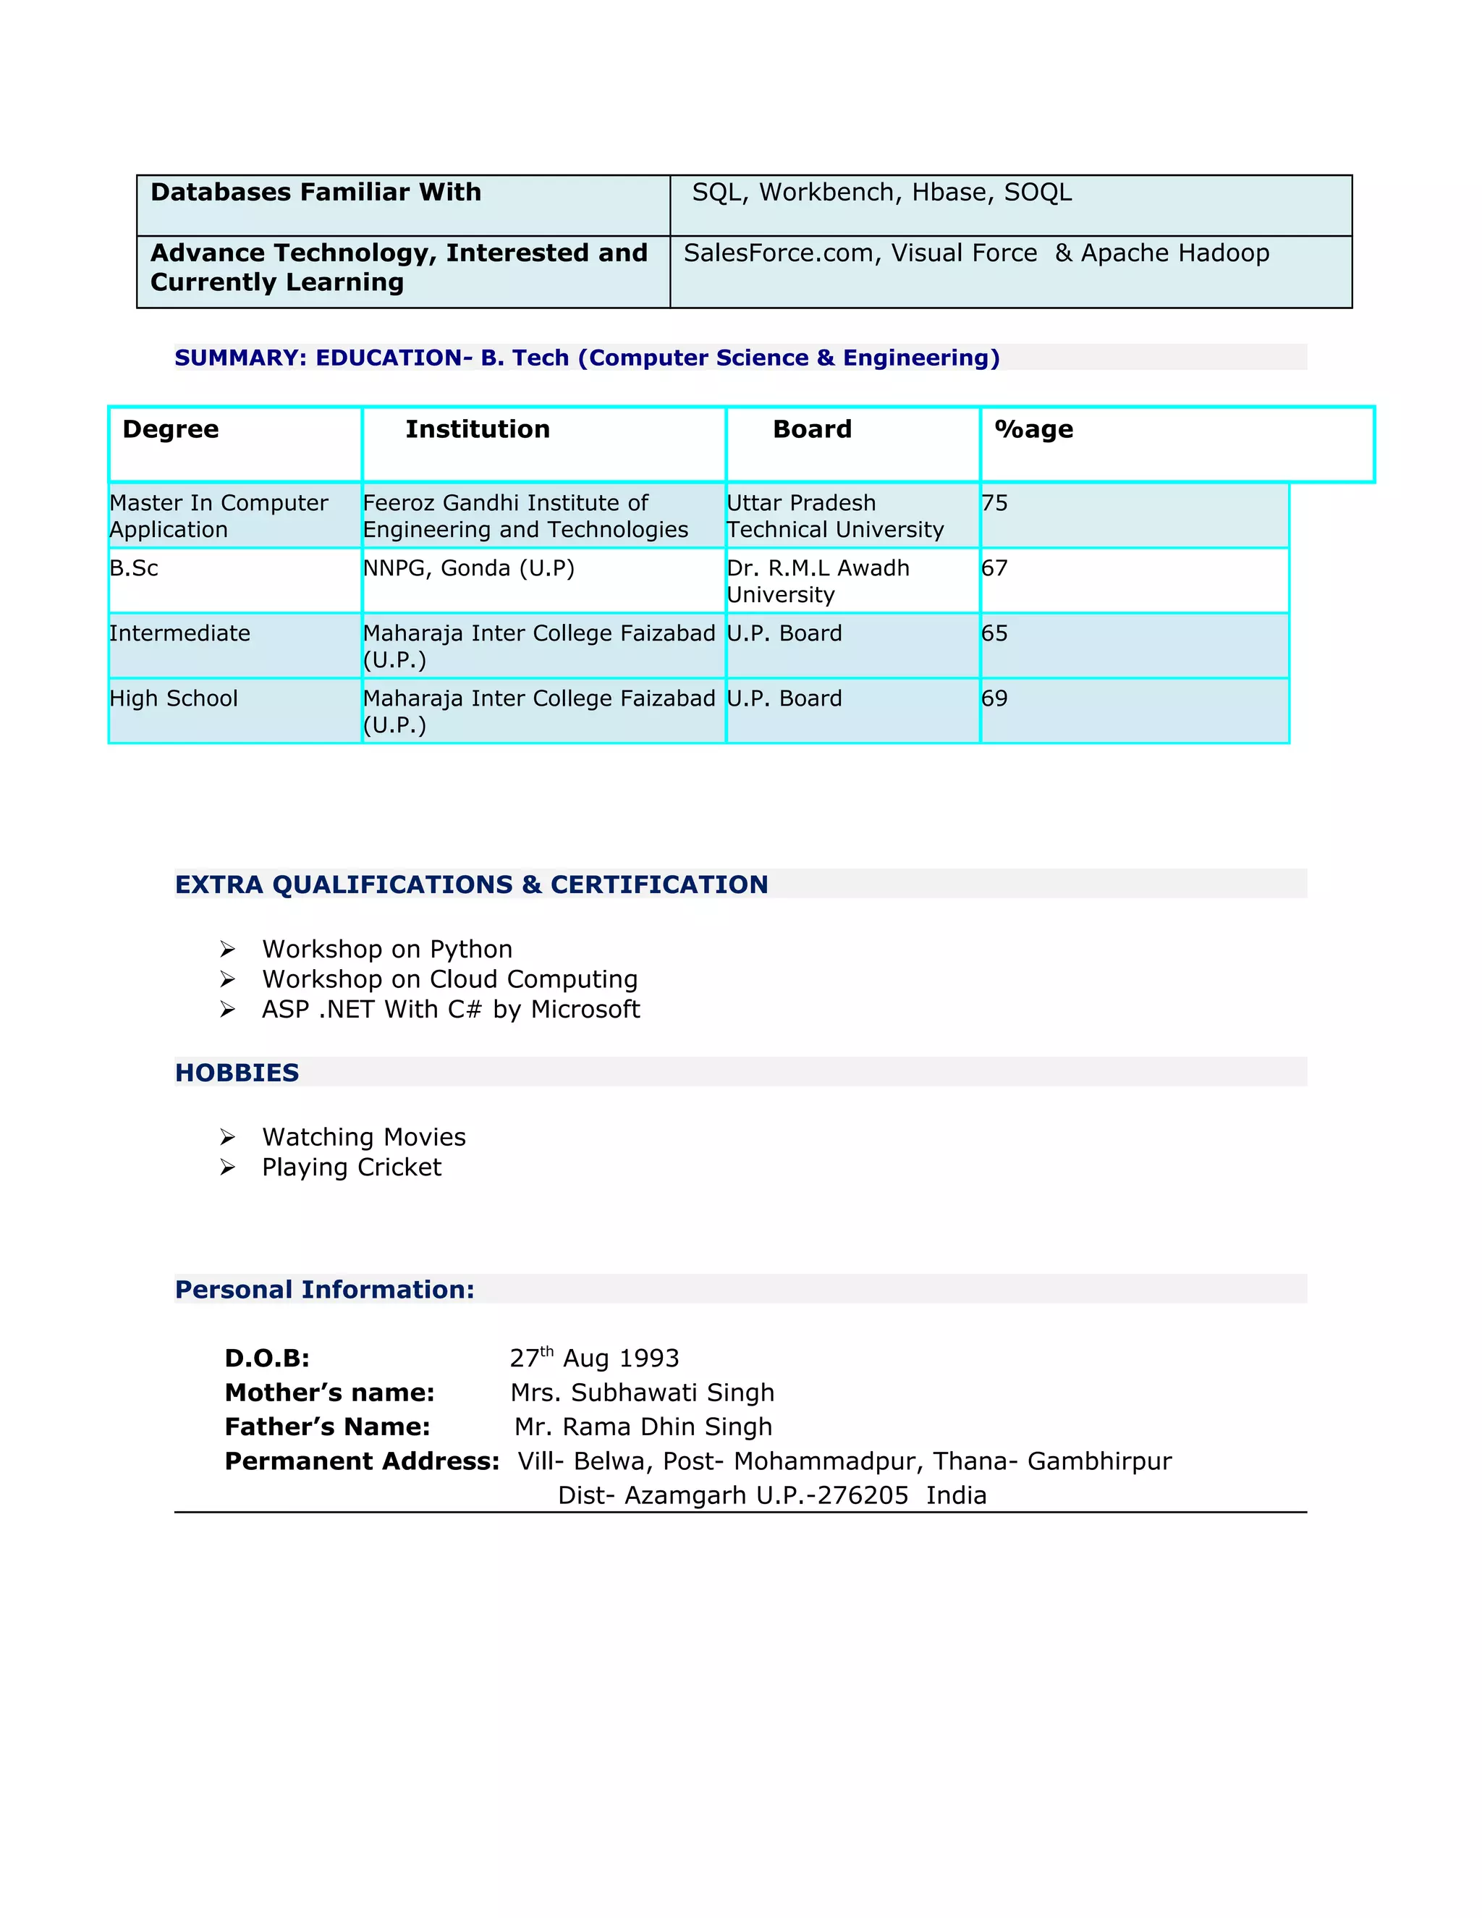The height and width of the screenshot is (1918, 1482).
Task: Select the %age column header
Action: click(x=1033, y=429)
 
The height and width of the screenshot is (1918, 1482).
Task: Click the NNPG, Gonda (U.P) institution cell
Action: click(x=468, y=568)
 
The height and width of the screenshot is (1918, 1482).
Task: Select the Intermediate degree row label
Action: click(x=179, y=633)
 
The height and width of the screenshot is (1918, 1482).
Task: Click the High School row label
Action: click(x=173, y=698)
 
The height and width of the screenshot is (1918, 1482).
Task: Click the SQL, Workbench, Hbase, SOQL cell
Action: click(x=881, y=193)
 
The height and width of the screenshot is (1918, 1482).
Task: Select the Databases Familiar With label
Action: click(x=316, y=193)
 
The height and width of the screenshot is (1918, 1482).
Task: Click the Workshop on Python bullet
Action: click(x=386, y=950)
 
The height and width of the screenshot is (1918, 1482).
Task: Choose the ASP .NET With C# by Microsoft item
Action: click(x=450, y=1009)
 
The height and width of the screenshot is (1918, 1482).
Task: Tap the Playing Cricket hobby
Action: click(x=351, y=1167)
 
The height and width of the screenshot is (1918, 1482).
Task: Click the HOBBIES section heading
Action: click(x=237, y=1073)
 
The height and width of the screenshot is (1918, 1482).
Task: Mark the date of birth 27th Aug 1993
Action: click(x=594, y=1358)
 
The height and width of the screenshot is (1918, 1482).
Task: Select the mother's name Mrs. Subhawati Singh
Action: click(x=642, y=1393)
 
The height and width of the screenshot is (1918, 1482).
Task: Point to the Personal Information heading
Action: click(x=324, y=1289)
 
